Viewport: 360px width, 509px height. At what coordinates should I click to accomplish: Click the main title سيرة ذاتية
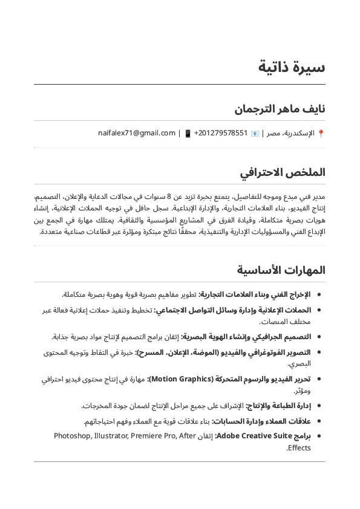pyautogui.click(x=292, y=66)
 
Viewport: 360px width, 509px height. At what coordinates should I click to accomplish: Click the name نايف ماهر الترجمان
pyautogui.click(x=280, y=109)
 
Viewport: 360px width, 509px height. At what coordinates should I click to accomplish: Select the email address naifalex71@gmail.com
pyautogui.click(x=137, y=133)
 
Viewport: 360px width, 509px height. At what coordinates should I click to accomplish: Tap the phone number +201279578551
pyautogui.click(x=221, y=133)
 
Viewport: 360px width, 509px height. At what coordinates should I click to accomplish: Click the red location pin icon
pyautogui.click(x=321, y=133)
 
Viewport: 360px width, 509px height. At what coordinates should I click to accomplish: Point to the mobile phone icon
pyautogui.click(x=188, y=133)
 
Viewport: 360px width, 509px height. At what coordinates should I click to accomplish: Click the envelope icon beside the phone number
pyautogui.click(x=255, y=133)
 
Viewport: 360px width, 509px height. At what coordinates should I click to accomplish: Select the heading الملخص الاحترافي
pyautogui.click(x=283, y=173)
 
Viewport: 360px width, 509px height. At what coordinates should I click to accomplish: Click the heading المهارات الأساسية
pyautogui.click(x=281, y=270)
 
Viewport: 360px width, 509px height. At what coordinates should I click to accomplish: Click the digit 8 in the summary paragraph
pyautogui.click(x=169, y=196)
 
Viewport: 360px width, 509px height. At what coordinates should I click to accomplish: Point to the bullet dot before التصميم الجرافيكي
pyautogui.click(x=319, y=337)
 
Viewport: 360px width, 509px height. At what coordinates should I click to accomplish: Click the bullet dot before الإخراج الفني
pyautogui.click(x=319, y=294)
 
